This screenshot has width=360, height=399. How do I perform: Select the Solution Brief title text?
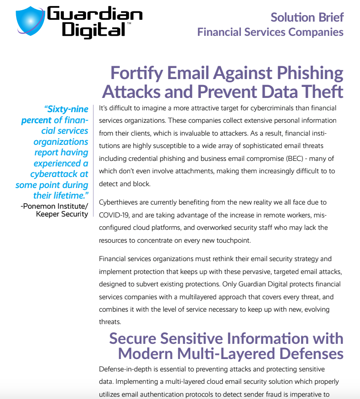[x=307, y=17]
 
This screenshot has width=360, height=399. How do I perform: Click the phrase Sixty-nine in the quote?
[x=66, y=109]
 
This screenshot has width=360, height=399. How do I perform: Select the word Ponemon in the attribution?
[x=43, y=205]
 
